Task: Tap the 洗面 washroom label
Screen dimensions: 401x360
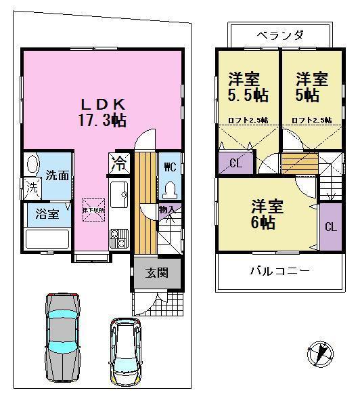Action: (x=56, y=175)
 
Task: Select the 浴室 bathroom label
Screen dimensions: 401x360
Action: (x=47, y=214)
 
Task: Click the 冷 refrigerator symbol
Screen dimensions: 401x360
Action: (x=118, y=163)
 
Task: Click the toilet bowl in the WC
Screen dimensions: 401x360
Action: (x=170, y=189)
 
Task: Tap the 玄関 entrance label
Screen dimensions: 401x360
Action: (x=149, y=274)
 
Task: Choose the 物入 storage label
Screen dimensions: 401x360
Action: (x=166, y=210)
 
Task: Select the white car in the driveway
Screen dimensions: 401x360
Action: (x=126, y=350)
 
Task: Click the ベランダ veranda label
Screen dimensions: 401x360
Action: (x=279, y=35)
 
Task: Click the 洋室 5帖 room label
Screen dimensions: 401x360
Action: (x=311, y=87)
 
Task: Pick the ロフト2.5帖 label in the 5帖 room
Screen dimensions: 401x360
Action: (x=311, y=120)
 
